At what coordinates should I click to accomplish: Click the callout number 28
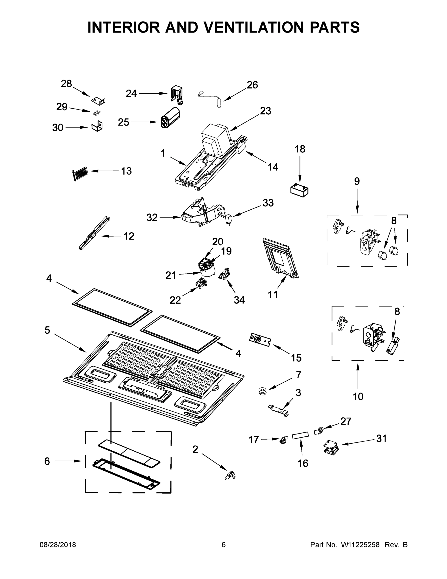(x=66, y=84)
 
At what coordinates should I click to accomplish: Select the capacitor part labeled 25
(x=169, y=118)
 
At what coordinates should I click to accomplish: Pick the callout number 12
(x=129, y=236)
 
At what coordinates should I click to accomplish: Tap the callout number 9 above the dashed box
(x=357, y=181)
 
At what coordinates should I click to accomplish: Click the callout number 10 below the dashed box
(x=358, y=397)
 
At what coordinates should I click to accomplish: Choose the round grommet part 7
(x=262, y=391)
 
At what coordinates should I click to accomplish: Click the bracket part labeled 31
(x=331, y=448)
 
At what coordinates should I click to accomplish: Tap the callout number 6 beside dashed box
(x=47, y=461)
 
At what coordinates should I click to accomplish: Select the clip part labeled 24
(x=177, y=94)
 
